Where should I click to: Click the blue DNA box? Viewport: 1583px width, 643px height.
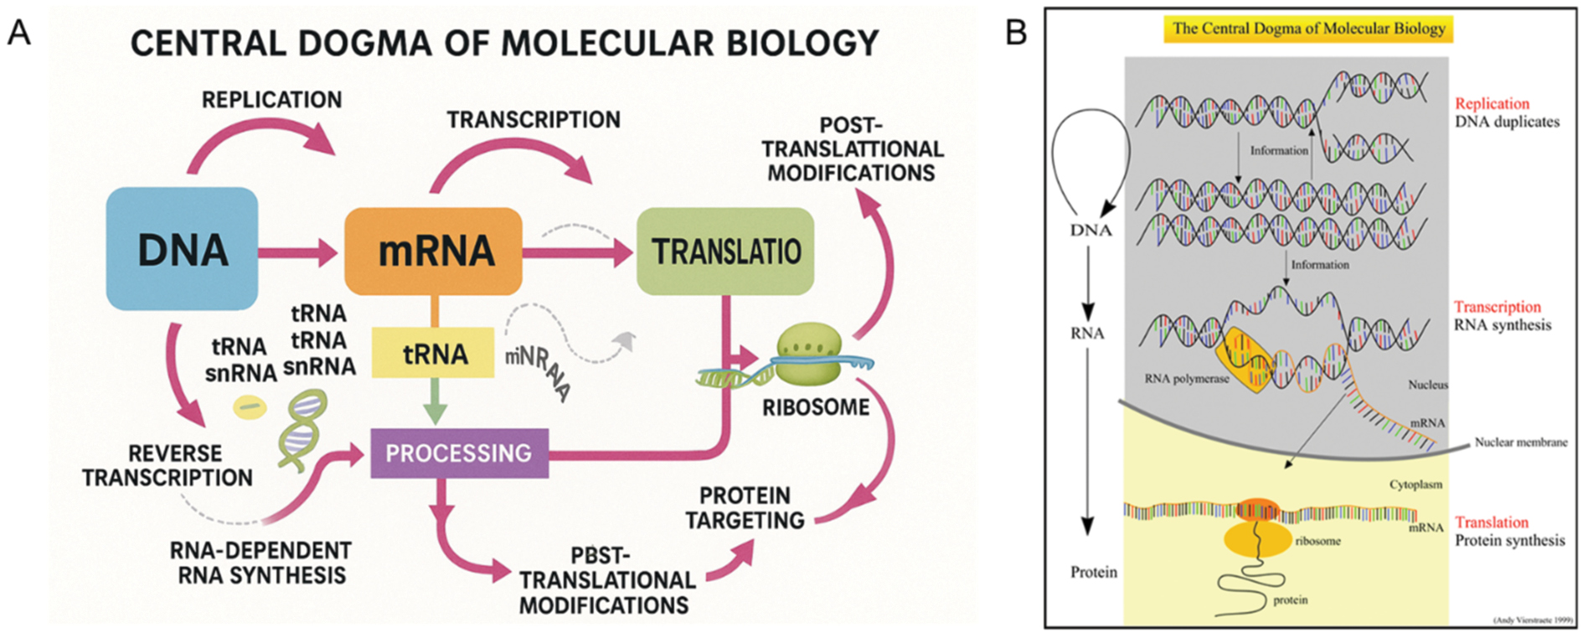[182, 249]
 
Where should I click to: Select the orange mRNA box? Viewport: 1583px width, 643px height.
[434, 251]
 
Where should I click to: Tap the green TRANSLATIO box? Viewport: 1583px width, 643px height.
[725, 251]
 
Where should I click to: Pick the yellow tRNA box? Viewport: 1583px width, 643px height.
[434, 353]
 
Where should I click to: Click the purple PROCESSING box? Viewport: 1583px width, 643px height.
[459, 454]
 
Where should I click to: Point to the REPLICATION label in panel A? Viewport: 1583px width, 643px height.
[272, 100]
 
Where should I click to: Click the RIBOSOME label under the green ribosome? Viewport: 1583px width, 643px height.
[815, 407]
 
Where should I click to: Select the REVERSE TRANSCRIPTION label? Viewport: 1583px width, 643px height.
[167, 465]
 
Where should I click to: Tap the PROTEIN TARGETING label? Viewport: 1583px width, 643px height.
[745, 508]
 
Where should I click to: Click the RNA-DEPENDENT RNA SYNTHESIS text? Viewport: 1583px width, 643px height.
[260, 563]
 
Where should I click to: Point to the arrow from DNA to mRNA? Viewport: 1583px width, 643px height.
[298, 251]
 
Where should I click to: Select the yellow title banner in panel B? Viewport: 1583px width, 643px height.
[1308, 29]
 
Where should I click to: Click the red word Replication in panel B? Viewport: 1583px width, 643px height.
[1492, 104]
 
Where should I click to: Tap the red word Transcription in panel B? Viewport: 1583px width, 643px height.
[1497, 307]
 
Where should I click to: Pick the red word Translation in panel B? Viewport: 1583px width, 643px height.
[1492, 522]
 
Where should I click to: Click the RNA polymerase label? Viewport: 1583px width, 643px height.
[1186, 379]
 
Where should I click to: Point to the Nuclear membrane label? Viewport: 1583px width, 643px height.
[1520, 443]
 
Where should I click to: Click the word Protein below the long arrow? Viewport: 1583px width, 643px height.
[1093, 572]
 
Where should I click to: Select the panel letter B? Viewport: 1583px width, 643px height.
[1015, 33]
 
